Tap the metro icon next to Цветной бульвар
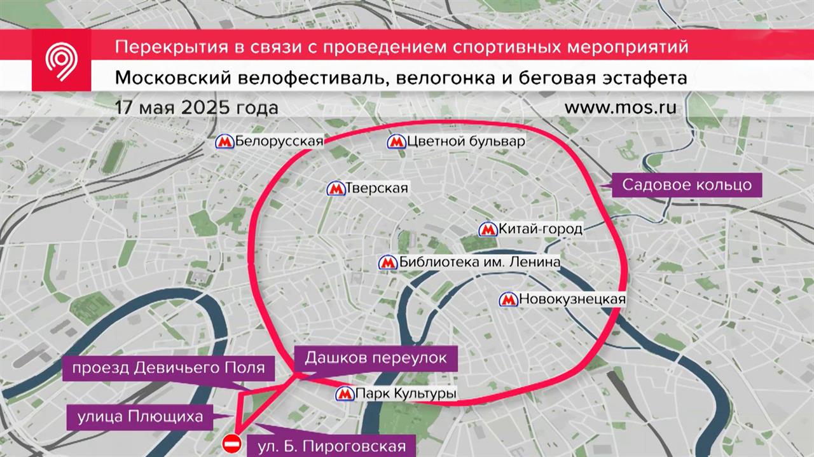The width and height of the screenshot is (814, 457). click(396, 142)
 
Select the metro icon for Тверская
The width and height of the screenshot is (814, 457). click(335, 189)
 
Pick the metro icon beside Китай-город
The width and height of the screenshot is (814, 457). click(488, 229)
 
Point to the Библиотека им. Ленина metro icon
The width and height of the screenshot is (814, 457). click(387, 263)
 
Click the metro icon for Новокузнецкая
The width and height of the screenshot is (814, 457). click(508, 299)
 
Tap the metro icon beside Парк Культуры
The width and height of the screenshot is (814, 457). click(345, 394)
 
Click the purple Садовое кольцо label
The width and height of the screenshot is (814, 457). click(687, 185)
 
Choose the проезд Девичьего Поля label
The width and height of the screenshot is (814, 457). click(169, 367)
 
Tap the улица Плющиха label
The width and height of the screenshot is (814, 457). click(141, 416)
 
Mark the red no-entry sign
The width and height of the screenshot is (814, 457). click(232, 443)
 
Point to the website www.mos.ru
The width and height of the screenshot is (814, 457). click(620, 107)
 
